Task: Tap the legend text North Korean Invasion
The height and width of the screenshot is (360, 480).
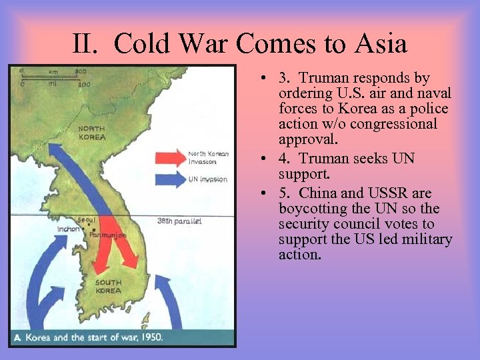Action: click(208, 158)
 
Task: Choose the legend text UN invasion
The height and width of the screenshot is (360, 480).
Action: click(208, 179)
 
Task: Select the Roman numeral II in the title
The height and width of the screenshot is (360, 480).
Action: click(85, 44)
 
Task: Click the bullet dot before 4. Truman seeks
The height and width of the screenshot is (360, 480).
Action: click(265, 159)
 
